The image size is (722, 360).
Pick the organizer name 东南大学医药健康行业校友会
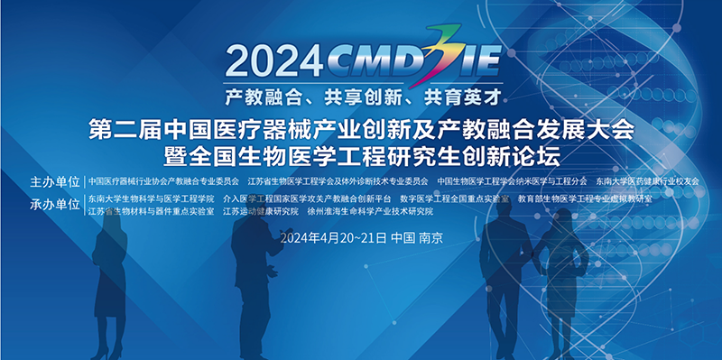(647, 181)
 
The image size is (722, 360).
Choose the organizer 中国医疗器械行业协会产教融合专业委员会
(162, 181)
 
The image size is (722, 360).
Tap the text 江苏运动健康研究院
(260, 211)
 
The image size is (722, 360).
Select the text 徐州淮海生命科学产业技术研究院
(370, 211)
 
